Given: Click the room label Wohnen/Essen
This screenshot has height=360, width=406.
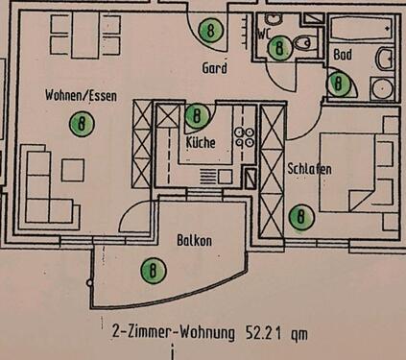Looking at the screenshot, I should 81,95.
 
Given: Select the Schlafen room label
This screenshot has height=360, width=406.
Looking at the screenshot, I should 309,169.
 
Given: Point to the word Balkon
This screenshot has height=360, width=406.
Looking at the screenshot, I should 194,241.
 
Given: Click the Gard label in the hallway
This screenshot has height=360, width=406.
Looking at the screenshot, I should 213,68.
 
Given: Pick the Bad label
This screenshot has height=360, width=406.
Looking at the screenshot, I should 343,56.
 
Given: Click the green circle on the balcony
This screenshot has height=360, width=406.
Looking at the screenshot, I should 151,271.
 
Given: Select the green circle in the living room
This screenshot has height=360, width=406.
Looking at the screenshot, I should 84,123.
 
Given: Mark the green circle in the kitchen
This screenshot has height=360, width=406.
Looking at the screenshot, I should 197,117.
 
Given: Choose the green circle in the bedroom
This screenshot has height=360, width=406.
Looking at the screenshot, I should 301,217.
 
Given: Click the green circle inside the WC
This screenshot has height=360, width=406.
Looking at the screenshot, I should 280,46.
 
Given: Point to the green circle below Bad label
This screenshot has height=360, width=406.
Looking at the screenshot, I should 338,84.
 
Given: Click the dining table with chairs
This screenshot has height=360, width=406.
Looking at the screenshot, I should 86,34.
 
